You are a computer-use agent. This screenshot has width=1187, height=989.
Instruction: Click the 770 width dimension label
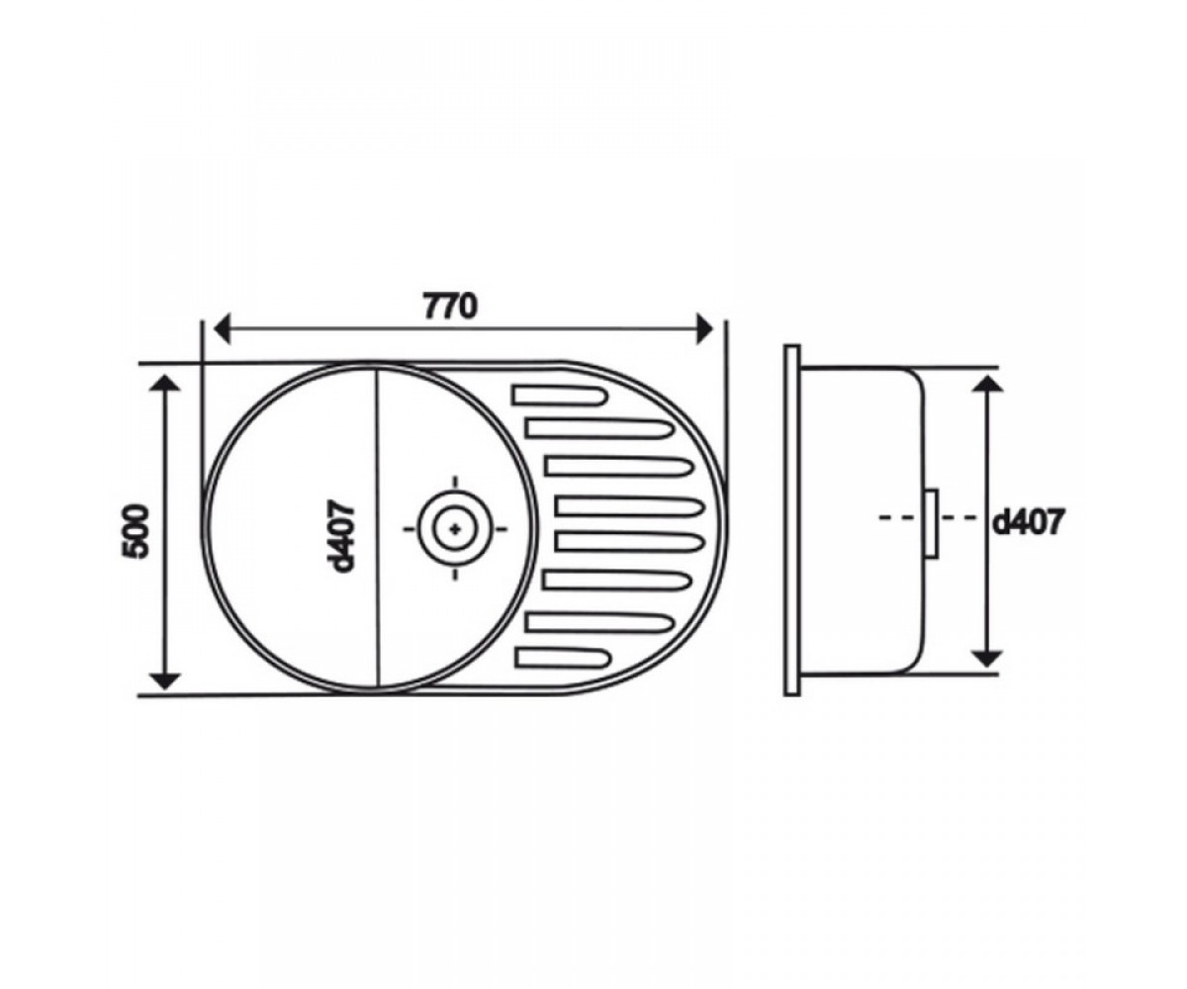click(450, 307)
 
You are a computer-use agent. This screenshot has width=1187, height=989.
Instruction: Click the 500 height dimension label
click(136, 531)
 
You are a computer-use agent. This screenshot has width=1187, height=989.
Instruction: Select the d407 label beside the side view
click(1028, 522)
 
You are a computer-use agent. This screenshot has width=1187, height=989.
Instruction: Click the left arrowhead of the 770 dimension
click(222, 328)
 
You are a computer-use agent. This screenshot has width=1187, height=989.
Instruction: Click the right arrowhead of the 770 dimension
click(704, 328)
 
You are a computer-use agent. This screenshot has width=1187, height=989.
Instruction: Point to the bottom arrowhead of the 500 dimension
click(165, 681)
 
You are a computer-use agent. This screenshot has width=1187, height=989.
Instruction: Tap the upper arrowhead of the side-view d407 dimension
click(987, 384)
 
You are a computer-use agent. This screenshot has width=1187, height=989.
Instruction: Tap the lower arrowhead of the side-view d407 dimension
click(987, 659)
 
